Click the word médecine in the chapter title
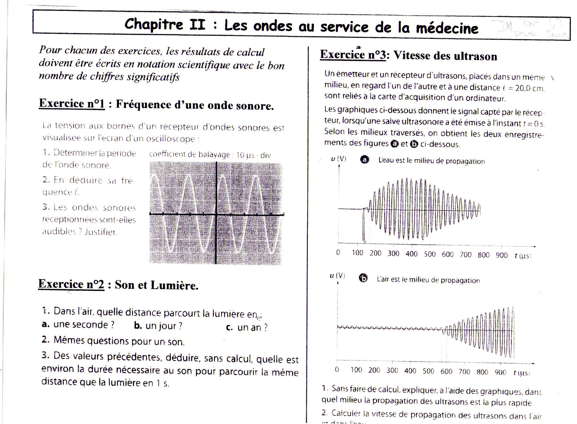(447, 28)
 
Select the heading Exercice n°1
(72, 104)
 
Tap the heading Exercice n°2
(71, 284)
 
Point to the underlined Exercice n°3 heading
(353, 55)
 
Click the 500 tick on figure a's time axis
(430, 254)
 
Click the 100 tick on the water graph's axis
(357, 253)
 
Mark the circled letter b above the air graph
(363, 278)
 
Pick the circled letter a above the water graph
(364, 160)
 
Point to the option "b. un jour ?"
(158, 326)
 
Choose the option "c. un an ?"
(247, 328)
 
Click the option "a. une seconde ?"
(78, 325)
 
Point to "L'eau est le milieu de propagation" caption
(431, 161)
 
